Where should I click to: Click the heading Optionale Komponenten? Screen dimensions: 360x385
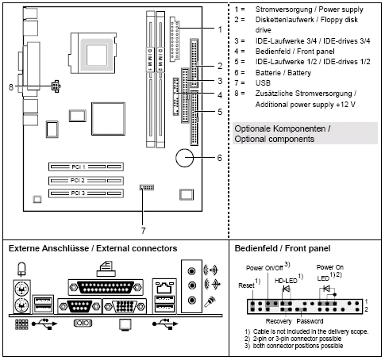click(x=283, y=128)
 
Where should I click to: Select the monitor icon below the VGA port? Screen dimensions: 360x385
click(x=124, y=324)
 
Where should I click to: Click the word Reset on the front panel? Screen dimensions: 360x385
click(x=245, y=285)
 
